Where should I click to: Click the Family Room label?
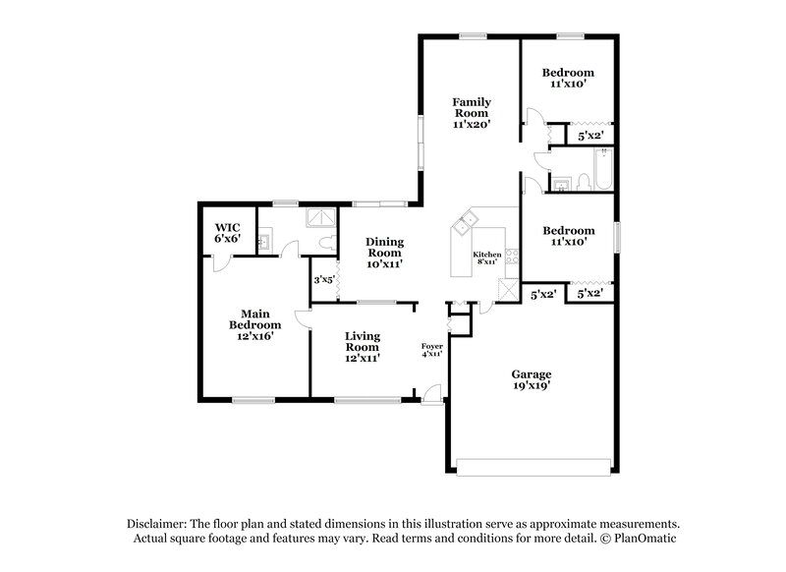tap(471, 113)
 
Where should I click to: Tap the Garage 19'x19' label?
tap(531, 380)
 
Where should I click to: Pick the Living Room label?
tap(362, 346)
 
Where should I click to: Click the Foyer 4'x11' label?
tap(431, 349)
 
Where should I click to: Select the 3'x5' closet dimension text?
tap(323, 280)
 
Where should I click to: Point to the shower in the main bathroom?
tap(320, 219)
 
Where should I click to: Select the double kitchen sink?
tap(464, 224)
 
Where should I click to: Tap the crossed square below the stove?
tap(507, 289)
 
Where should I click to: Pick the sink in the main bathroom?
tap(264, 239)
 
